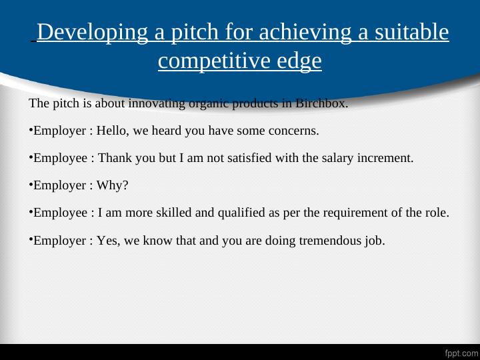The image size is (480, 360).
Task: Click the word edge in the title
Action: (295, 61)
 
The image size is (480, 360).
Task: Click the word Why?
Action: (113, 186)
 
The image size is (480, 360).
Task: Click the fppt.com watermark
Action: (461, 351)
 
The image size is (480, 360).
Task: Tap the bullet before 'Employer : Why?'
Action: (31, 184)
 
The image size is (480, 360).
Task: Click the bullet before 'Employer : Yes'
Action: (31, 239)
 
